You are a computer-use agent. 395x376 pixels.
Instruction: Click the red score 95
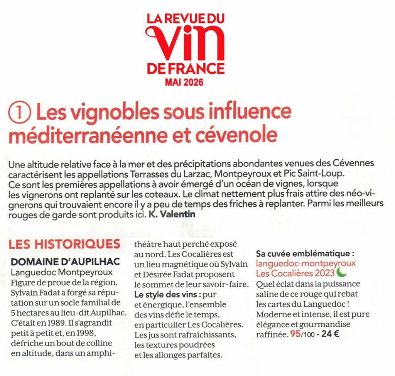pyautogui.click(x=295, y=334)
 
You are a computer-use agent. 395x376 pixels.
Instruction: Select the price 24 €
pyautogui.click(x=330, y=334)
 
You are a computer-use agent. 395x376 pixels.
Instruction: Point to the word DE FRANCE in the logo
pyautogui.click(x=185, y=69)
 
